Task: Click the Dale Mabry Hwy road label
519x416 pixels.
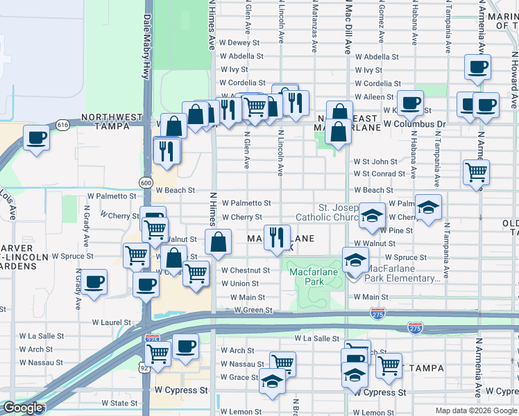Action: pos(147,42)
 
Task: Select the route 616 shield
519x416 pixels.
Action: pos(62,125)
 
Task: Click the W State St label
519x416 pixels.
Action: pos(119,402)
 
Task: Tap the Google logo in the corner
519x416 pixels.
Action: pos(22,408)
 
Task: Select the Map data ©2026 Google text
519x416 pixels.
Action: pos(475,410)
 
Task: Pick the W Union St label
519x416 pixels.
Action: pos(239,284)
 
